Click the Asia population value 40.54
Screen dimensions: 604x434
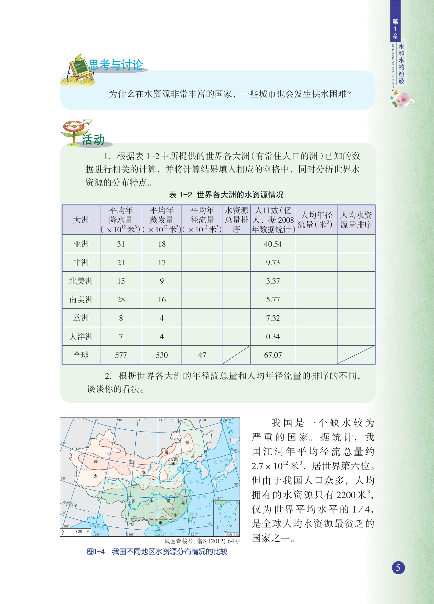(273, 244)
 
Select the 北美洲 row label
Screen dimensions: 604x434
(81, 281)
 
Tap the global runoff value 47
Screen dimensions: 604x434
(202, 355)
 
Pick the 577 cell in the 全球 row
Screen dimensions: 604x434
(121, 355)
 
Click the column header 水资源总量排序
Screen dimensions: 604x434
(236, 220)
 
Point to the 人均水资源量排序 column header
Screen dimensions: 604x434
(356, 220)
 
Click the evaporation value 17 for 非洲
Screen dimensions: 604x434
(162, 262)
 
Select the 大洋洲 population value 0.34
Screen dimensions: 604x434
(273, 336)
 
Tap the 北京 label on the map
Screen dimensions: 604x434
(173, 459)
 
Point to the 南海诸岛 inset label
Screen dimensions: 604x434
(232, 534)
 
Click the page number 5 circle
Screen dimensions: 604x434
(398, 568)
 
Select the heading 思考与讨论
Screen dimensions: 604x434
(115, 65)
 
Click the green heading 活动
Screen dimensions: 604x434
(93, 140)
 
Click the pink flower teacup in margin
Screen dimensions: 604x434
(403, 100)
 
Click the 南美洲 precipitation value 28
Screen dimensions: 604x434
(121, 300)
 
